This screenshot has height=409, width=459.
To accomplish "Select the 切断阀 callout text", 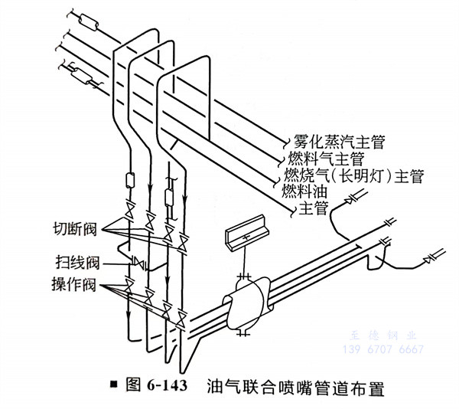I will pos(74,228).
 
